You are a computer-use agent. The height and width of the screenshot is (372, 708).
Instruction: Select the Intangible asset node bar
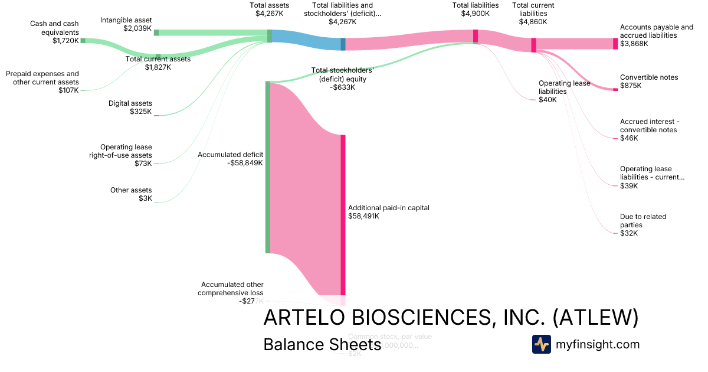[156, 32]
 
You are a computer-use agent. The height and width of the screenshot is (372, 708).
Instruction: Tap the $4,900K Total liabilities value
[475, 14]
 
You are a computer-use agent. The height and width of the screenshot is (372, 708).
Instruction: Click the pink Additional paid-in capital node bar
[343, 215]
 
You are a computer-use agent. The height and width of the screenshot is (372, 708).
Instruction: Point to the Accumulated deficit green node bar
[267, 168]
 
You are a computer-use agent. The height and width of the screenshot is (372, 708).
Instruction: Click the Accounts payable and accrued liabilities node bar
[615, 44]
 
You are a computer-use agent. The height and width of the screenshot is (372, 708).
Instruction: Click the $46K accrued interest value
[629, 138]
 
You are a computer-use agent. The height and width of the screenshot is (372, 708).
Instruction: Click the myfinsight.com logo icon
[541, 344]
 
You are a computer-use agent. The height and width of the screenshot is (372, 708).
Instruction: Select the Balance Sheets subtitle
[322, 345]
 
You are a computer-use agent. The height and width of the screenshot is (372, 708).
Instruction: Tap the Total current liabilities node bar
[533, 45]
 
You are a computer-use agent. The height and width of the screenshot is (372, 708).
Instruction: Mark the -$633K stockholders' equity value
[343, 87]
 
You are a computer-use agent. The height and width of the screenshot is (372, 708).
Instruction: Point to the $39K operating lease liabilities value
[629, 186]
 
